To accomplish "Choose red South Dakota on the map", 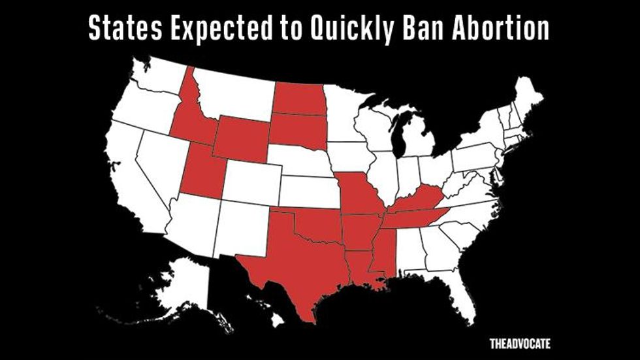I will click(297, 129).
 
